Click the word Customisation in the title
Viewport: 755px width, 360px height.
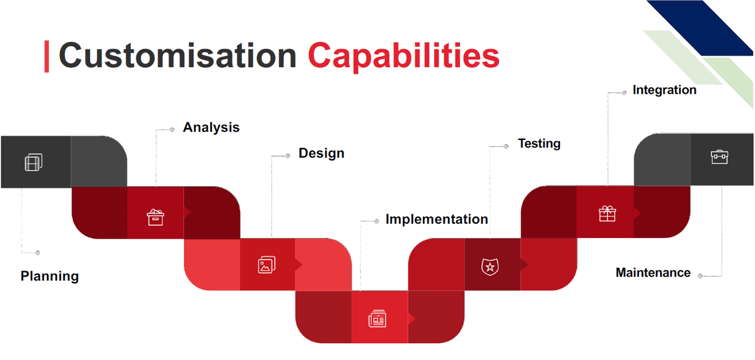click(178, 55)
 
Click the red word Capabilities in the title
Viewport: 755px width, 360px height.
click(403, 57)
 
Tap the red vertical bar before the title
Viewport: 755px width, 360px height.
click(47, 56)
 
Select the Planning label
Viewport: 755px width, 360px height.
click(49, 276)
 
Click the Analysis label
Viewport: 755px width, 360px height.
click(211, 128)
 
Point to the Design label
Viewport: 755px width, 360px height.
click(321, 153)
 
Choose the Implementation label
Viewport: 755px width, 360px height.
click(437, 219)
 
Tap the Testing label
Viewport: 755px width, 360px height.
click(539, 144)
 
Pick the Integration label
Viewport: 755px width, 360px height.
click(664, 90)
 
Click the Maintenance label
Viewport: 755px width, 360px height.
click(653, 272)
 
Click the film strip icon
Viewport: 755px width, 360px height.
click(34, 162)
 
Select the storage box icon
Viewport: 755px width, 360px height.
click(155, 217)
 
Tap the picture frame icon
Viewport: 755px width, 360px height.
click(266, 264)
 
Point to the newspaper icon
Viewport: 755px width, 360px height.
click(377, 318)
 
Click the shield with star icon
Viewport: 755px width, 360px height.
click(490, 267)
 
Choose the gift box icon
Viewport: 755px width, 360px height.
click(608, 213)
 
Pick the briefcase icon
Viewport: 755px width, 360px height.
click(720, 157)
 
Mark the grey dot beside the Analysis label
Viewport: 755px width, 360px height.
click(172, 129)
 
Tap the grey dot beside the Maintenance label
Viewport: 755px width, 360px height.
click(700, 276)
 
